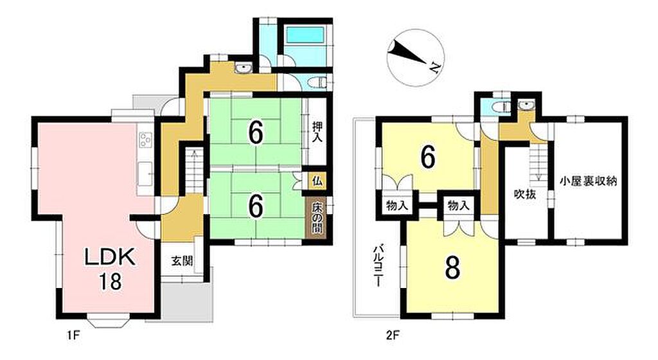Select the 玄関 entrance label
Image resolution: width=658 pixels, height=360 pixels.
pyautogui.click(x=182, y=261)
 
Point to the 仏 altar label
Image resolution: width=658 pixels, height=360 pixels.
pyautogui.click(x=317, y=182)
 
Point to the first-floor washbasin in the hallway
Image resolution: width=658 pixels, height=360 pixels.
pyautogui.click(x=243, y=68)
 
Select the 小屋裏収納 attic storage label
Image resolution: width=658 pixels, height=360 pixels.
pyautogui.click(x=589, y=182)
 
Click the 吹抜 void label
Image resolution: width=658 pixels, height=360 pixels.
pyautogui.click(x=525, y=194)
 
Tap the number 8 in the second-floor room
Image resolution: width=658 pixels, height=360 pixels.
pyautogui.click(x=452, y=267)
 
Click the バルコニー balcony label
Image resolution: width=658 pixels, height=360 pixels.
pyautogui.click(x=378, y=265)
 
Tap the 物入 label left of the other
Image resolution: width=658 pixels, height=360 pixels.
pyautogui.click(x=397, y=206)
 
